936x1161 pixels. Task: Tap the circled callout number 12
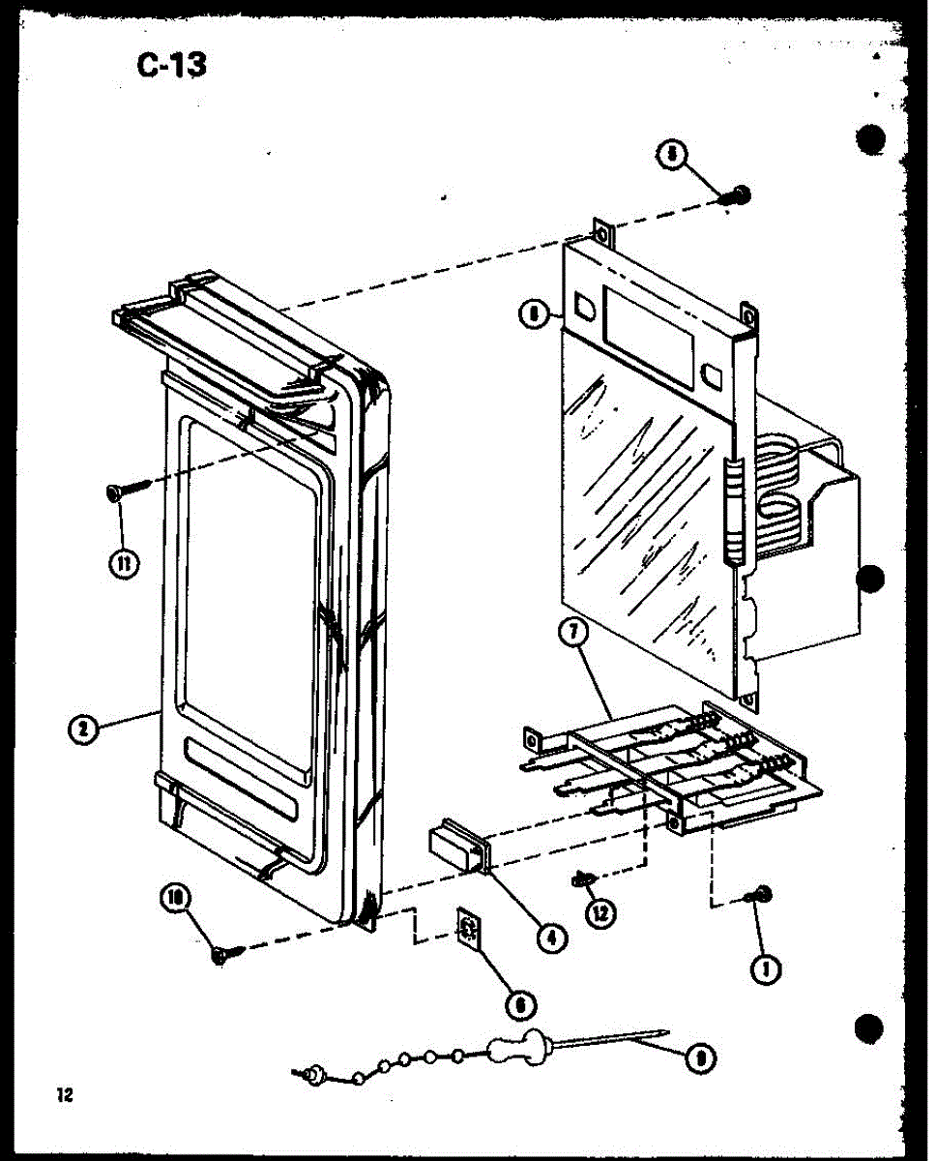605,912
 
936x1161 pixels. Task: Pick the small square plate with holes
469,929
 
